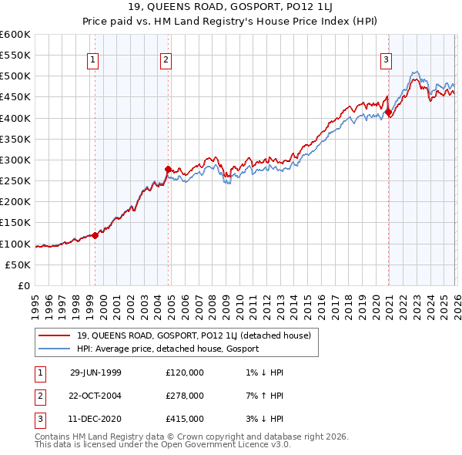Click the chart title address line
pos(231,8)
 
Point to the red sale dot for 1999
pos(95,235)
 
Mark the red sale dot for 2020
pos(388,112)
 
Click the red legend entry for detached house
pos(193,335)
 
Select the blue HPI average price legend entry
pos(167,349)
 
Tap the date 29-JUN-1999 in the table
pos(95,372)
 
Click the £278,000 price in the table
pos(185,396)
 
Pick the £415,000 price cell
pos(185,419)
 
